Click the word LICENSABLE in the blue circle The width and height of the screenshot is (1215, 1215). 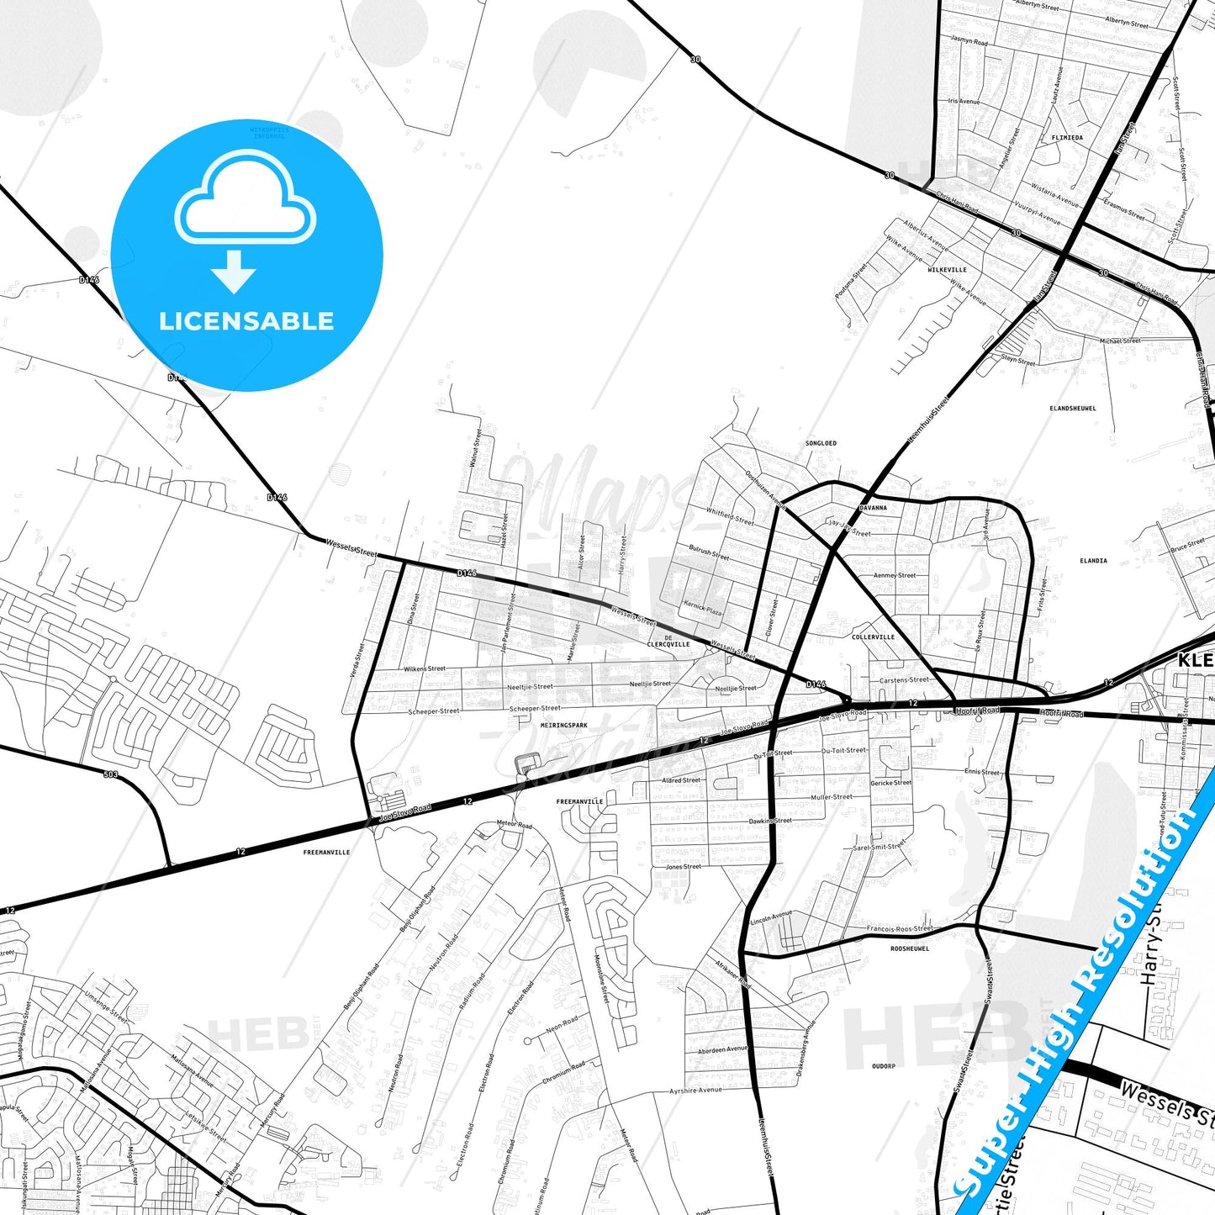click(246, 321)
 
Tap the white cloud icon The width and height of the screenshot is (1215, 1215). click(245, 201)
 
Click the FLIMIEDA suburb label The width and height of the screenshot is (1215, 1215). click(1067, 137)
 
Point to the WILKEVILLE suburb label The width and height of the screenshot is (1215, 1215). click(947, 270)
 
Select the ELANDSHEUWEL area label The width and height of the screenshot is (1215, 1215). click(1073, 409)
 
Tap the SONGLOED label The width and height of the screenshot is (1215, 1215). click(821, 443)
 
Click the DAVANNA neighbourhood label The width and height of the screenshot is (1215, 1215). click(873, 508)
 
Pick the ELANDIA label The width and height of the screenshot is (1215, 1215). click(1093, 560)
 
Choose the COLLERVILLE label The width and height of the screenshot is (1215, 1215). click(873, 637)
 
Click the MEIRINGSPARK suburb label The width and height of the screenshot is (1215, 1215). click(564, 725)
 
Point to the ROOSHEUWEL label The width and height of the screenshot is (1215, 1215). click(910, 948)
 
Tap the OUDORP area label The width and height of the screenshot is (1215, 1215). click(883, 1066)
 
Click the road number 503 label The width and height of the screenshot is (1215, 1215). click(111, 774)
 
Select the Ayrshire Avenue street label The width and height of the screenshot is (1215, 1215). click(695, 1091)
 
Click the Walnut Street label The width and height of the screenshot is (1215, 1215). click(476, 448)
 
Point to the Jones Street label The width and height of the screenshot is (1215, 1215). click(684, 867)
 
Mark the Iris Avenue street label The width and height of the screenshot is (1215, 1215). click(964, 102)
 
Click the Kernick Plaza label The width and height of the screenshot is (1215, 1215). click(703, 608)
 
